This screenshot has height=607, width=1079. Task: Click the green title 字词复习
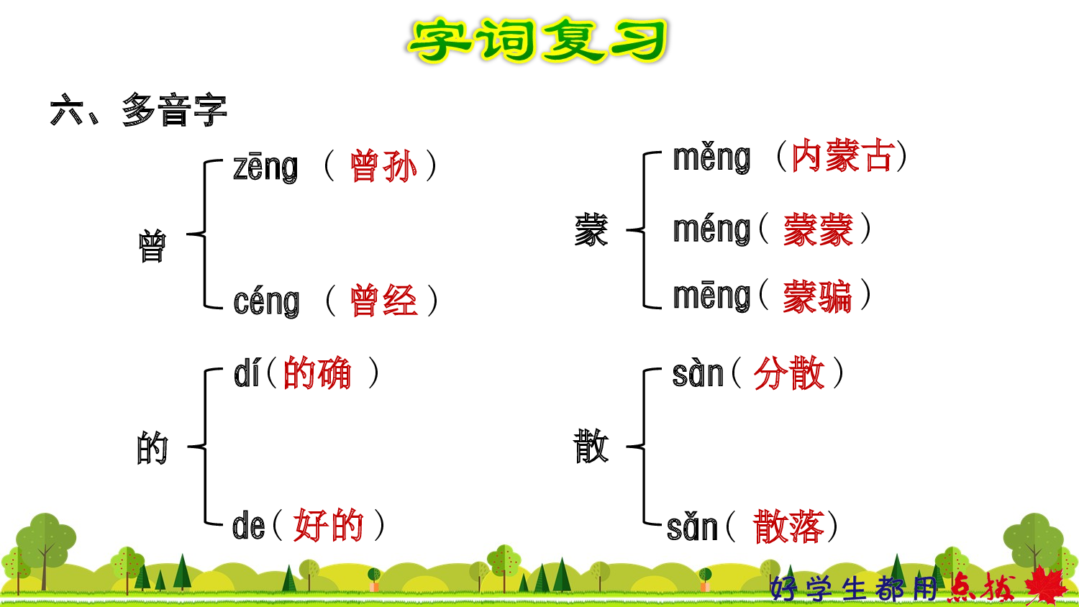(538, 40)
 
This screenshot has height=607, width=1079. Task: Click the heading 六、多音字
(139, 111)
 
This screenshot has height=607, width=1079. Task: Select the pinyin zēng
(265, 167)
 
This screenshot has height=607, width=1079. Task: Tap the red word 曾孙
(383, 166)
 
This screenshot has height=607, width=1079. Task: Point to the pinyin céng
(266, 301)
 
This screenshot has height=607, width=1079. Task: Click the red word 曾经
(383, 301)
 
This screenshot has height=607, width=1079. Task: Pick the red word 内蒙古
(842, 156)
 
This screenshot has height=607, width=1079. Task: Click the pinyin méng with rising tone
(711, 229)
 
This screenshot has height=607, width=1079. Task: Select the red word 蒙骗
(817, 296)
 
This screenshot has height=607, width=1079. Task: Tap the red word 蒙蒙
(818, 230)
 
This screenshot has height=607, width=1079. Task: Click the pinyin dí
(247, 374)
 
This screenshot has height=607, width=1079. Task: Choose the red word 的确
(317, 373)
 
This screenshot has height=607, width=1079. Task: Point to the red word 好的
(329, 525)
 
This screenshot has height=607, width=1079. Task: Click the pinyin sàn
(697, 374)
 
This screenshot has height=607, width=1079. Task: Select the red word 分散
(788, 373)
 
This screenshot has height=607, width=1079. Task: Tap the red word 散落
(788, 526)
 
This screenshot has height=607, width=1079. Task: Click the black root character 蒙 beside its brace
(591, 230)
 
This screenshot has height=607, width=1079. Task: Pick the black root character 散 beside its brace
(591, 446)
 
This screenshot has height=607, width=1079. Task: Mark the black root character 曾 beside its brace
(152, 246)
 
